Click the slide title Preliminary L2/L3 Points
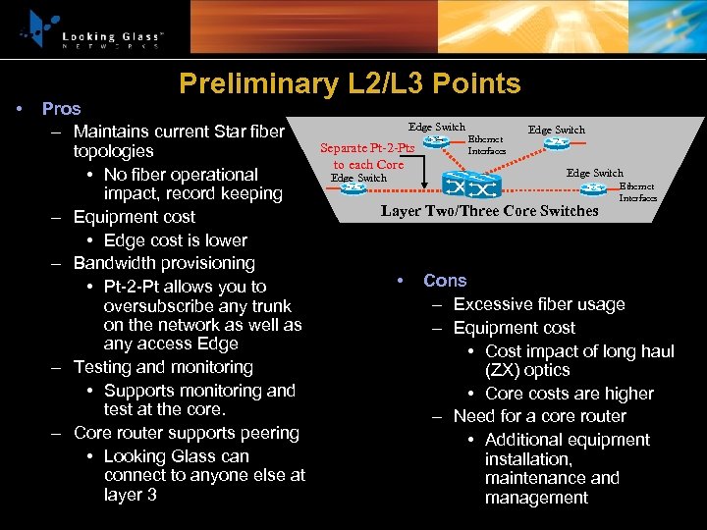click(x=350, y=83)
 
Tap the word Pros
click(x=61, y=108)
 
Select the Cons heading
click(x=445, y=281)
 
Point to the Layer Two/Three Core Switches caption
click(x=489, y=211)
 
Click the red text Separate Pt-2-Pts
click(x=368, y=148)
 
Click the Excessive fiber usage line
click(x=539, y=304)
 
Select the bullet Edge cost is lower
click(x=175, y=240)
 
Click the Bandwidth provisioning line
click(x=164, y=263)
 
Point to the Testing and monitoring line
click(x=163, y=367)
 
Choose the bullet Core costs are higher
click(x=569, y=394)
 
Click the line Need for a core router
click(x=539, y=416)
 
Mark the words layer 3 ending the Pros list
click(x=130, y=495)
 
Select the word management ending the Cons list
click(x=536, y=498)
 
